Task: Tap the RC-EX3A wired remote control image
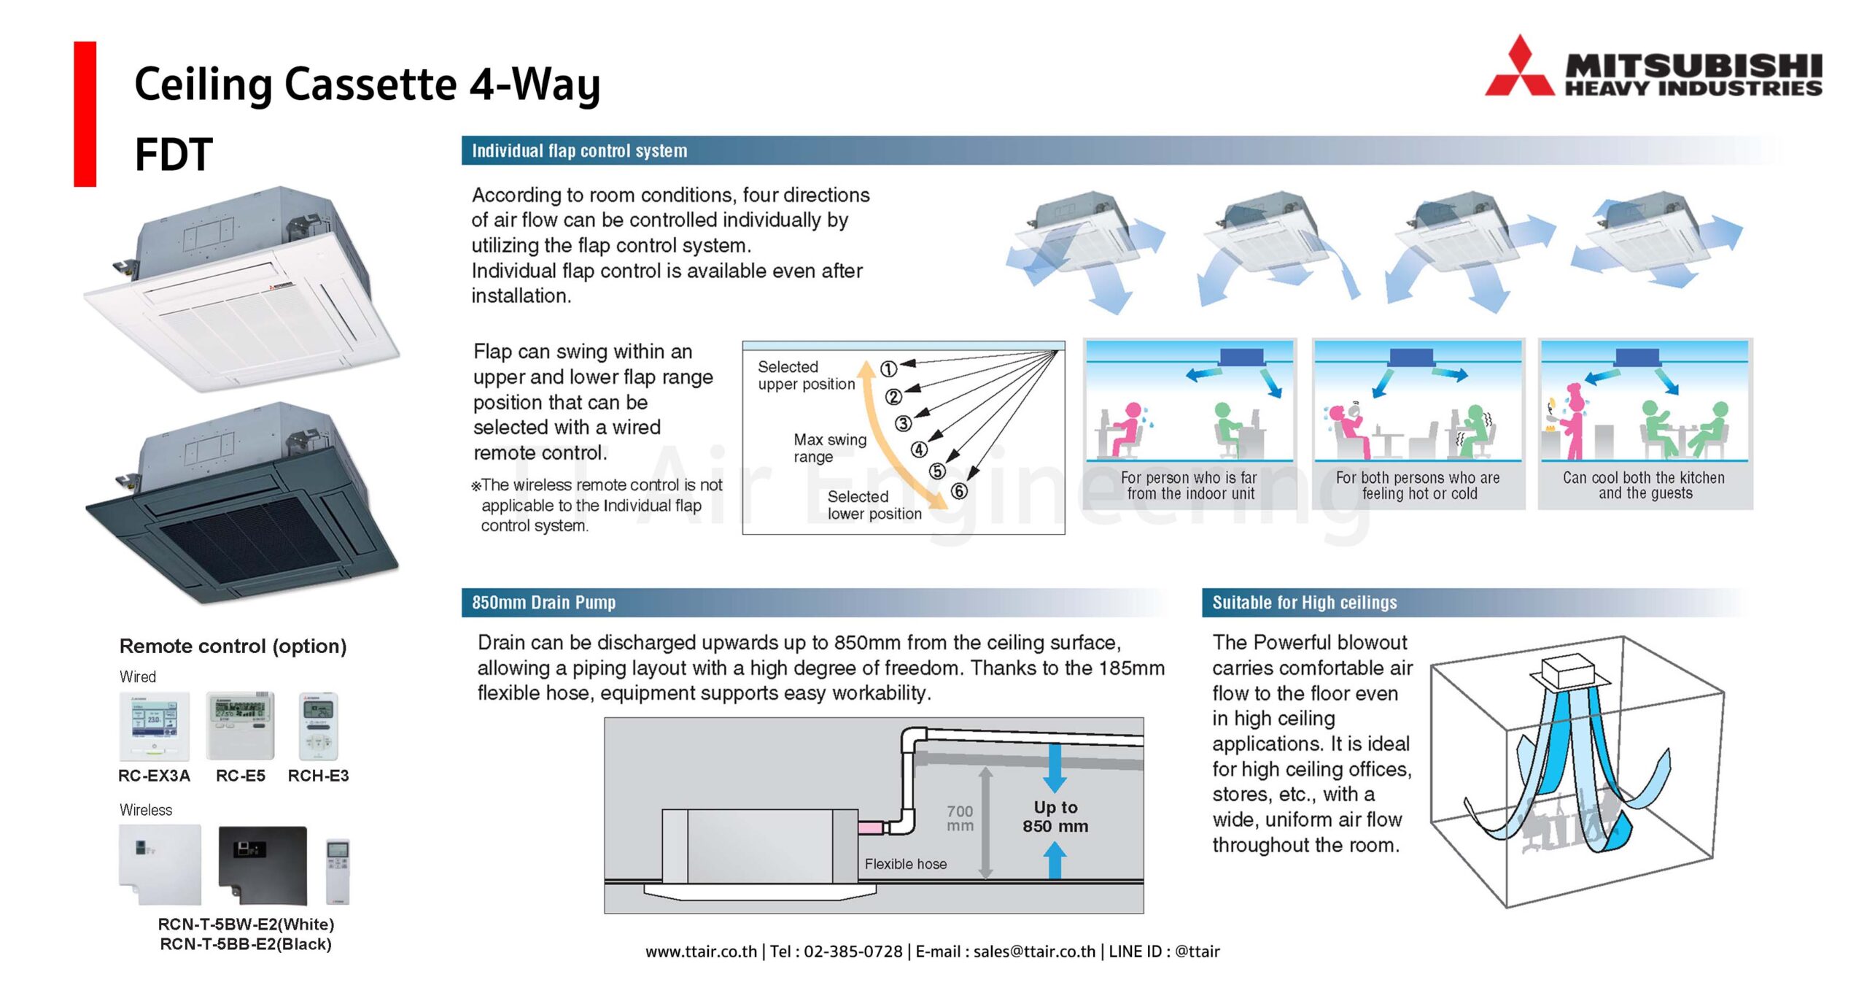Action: [x=154, y=727]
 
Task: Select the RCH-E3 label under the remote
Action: [x=318, y=776]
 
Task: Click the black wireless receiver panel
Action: [x=263, y=865]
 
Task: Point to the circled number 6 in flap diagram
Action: [x=959, y=491]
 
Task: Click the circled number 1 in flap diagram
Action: [x=888, y=369]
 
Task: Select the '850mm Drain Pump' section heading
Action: [x=543, y=603]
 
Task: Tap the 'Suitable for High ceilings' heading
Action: [x=1304, y=603]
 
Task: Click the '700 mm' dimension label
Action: [x=960, y=818]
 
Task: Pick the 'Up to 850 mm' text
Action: [x=1055, y=817]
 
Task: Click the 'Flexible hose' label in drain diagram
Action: [x=905, y=864]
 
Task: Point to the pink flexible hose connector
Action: [x=870, y=827]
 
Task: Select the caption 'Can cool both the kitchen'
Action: [x=1644, y=478]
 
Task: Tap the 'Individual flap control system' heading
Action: [x=579, y=151]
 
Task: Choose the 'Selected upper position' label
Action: [x=805, y=375]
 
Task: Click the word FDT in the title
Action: [x=174, y=155]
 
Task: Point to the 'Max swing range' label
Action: [x=829, y=448]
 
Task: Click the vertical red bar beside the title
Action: [x=85, y=114]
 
